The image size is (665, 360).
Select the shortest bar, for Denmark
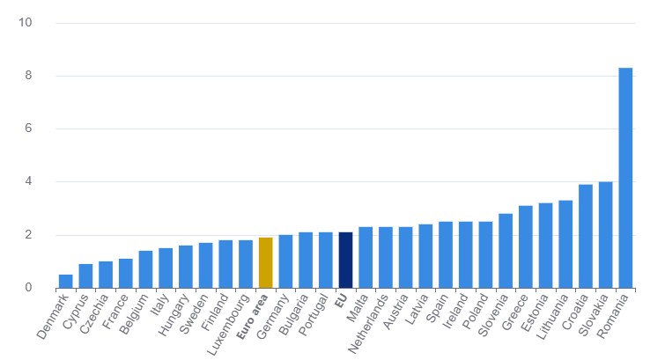click(x=66, y=281)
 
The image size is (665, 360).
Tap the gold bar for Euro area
click(x=266, y=262)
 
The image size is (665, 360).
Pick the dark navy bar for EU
click(x=345, y=260)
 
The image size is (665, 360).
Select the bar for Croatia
click(x=585, y=236)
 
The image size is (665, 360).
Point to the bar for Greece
click(x=525, y=246)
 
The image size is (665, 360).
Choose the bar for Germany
click(x=285, y=261)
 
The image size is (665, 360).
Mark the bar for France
click(x=126, y=273)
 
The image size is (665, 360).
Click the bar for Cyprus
click(x=85, y=276)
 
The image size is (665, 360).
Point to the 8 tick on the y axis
click(x=27, y=76)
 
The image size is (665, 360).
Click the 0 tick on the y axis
click(x=27, y=288)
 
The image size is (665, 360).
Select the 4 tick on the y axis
click(x=27, y=182)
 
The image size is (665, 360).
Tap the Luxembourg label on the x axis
click(x=226, y=322)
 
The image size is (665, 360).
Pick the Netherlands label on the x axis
click(x=366, y=322)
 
